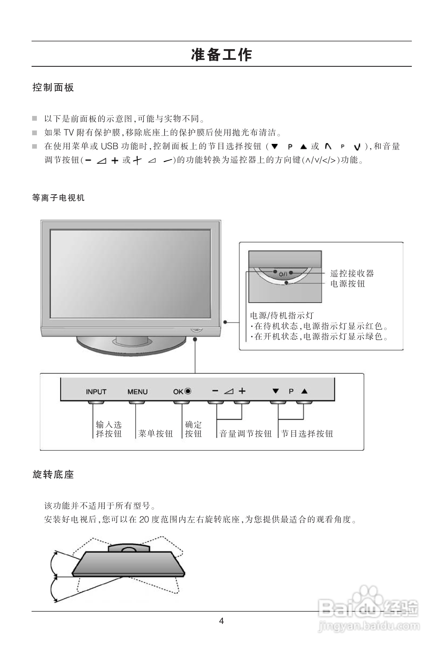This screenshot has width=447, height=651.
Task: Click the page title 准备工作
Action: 221,55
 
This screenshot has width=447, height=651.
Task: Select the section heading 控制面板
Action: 53,87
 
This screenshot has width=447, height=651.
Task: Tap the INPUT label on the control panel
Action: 96,392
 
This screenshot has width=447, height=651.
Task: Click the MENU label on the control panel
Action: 137,392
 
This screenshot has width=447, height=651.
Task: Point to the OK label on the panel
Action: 178,392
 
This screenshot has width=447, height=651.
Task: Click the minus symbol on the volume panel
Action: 215,391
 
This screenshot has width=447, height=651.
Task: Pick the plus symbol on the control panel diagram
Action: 242,391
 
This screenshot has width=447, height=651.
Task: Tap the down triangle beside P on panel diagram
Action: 275,391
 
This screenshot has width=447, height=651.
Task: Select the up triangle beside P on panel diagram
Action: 305,391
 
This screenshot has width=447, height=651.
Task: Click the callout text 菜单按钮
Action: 155,434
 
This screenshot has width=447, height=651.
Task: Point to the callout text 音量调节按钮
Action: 245,434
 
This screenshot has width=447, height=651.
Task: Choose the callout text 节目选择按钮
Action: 307,434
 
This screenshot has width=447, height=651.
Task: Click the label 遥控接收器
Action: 352,274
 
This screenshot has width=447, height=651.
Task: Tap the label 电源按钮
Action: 348,284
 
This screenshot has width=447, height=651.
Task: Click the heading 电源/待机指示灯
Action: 282,316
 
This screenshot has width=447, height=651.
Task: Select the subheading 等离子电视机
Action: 58,198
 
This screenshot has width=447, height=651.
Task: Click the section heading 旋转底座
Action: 53,474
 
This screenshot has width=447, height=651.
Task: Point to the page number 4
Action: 221,621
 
